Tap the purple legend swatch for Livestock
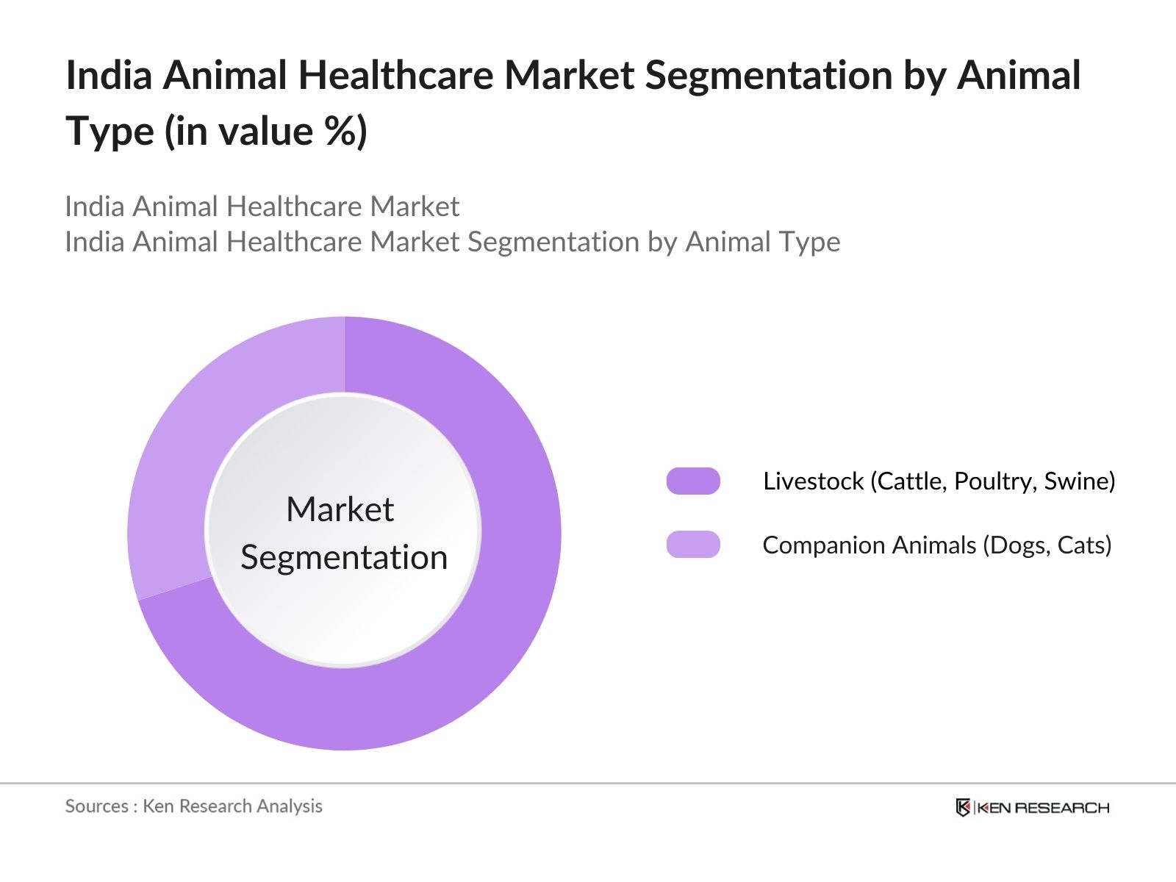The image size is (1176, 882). click(x=692, y=481)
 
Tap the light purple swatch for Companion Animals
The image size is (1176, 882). click(x=692, y=545)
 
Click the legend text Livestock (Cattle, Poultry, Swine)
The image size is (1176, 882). click(x=939, y=481)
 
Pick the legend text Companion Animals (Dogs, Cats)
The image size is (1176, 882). click(x=936, y=545)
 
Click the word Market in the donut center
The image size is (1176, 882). click(x=340, y=509)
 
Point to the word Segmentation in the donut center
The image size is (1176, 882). click(x=344, y=557)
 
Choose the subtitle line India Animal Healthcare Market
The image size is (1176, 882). click(x=262, y=207)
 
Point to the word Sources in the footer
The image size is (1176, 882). click(x=96, y=806)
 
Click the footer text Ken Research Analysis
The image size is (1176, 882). click(x=232, y=806)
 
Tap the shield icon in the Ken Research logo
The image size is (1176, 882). click(x=963, y=808)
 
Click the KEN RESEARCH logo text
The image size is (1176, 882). click(x=1042, y=808)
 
